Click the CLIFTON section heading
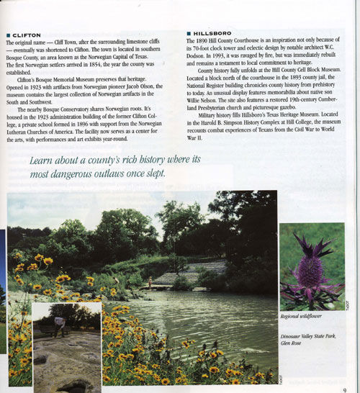point(27,35)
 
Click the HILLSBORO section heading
point(212,33)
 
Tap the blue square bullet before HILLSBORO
point(189,33)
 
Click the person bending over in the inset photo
point(60,324)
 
